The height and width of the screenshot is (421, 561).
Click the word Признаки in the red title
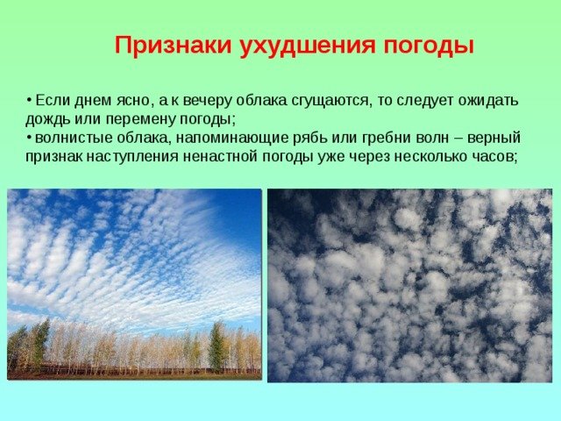[173, 46]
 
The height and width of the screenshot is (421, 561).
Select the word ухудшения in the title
[308, 46]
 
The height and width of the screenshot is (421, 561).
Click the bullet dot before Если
[29, 99]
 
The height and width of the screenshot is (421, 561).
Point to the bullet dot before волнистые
[29, 138]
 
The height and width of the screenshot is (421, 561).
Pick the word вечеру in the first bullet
[206, 102]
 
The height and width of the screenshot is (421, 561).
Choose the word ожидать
[488, 102]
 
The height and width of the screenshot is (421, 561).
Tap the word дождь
[48, 120]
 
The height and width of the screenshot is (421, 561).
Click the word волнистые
[67, 139]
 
